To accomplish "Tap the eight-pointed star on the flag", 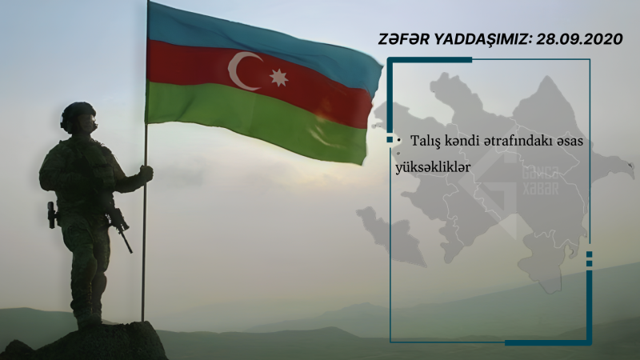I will pyautogui.click(x=278, y=78).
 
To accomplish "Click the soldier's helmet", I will pyautogui.click(x=78, y=113).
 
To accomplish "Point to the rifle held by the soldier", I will pyautogui.click(x=121, y=227).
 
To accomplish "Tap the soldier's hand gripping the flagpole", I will pyautogui.click(x=146, y=173).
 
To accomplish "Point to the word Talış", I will pyautogui.click(x=426, y=140).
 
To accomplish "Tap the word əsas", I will pyautogui.click(x=571, y=140).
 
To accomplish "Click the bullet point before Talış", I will pyautogui.click(x=399, y=140).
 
